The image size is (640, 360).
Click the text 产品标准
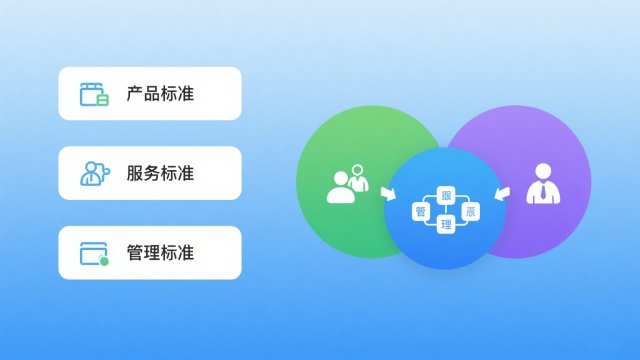[x=160, y=94]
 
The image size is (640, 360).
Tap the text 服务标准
[x=160, y=173]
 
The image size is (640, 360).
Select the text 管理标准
[x=160, y=253]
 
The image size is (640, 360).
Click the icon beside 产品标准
[x=94, y=94]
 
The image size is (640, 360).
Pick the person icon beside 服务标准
[x=94, y=173]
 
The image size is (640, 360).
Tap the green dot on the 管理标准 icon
[x=104, y=261]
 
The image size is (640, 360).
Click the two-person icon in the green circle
[x=346, y=184]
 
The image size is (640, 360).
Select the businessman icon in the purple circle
[x=542, y=184]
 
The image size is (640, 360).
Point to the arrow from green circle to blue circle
[x=387, y=191]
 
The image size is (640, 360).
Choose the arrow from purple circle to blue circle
[x=505, y=190]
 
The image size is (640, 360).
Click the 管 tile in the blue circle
[x=421, y=211]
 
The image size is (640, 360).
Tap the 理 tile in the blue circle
[x=447, y=226]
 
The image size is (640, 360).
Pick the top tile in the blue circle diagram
[x=447, y=196]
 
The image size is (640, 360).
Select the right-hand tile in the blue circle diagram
[x=472, y=211]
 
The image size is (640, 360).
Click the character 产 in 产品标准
[x=134, y=94]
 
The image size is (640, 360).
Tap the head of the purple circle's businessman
[x=542, y=169]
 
